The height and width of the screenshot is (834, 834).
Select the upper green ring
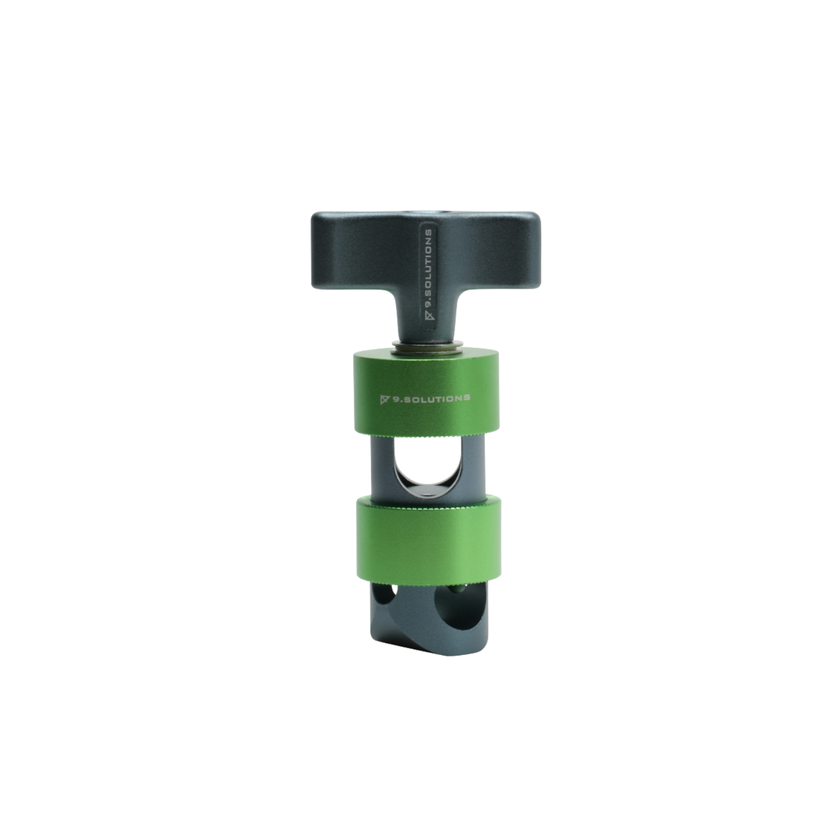(x=428, y=393)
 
